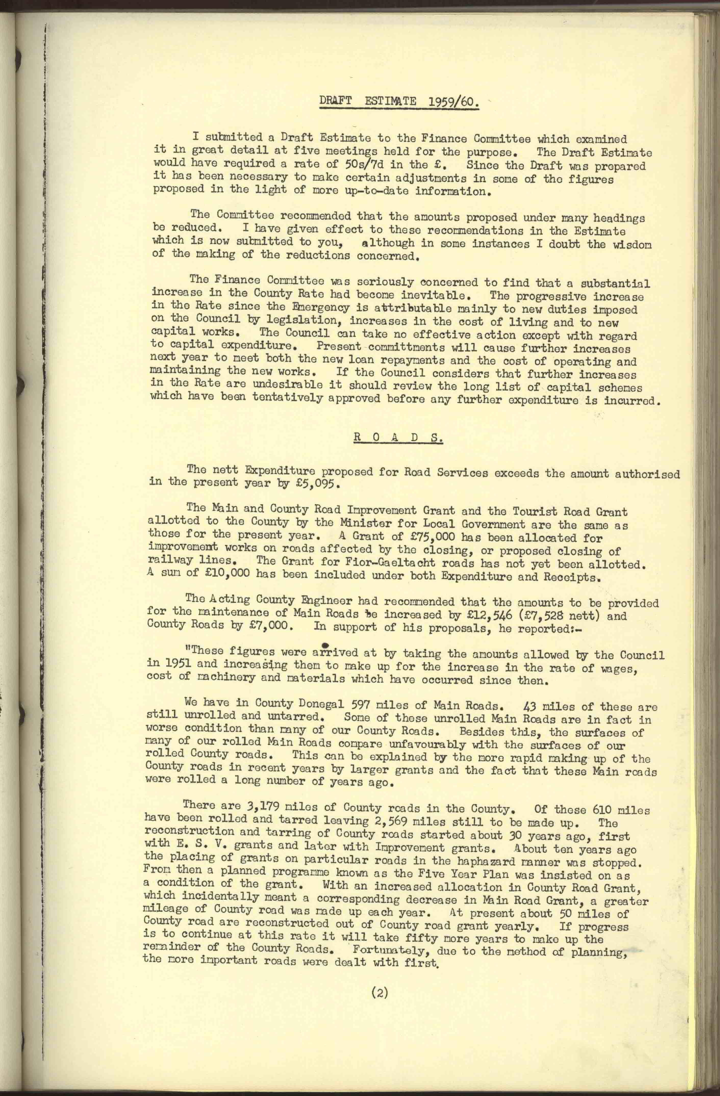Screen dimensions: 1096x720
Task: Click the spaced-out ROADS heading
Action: point(398,437)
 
